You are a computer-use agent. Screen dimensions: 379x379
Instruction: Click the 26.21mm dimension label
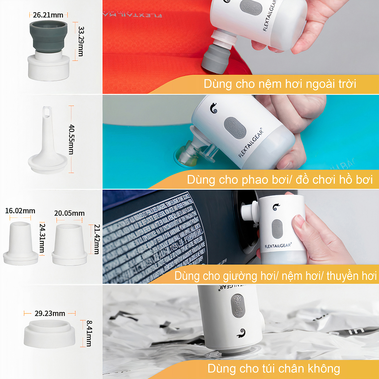pyautogui.click(x=48, y=15)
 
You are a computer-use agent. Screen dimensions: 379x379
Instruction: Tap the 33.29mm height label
pyautogui.click(x=81, y=41)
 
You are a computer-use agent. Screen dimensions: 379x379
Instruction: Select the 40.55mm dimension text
pyautogui.click(x=72, y=139)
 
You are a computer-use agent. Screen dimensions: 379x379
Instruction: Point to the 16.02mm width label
pyautogui.click(x=20, y=211)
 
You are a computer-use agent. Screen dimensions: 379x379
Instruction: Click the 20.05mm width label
pyautogui.click(x=69, y=213)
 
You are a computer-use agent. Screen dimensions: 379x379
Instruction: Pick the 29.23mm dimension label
pyautogui.click(x=50, y=313)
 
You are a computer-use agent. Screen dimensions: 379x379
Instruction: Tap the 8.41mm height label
pyautogui.click(x=89, y=333)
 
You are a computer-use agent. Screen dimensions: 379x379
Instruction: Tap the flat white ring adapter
pyautogui.click(x=49, y=333)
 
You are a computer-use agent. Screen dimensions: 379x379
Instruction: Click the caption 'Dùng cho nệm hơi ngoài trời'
pyautogui.click(x=280, y=84)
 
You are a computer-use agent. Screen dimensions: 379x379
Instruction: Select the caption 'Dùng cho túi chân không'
pyautogui.click(x=274, y=369)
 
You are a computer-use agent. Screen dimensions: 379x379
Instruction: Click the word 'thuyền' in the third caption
pyautogui.click(x=343, y=276)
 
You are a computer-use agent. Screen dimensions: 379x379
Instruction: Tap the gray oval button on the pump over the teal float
pyautogui.click(x=235, y=128)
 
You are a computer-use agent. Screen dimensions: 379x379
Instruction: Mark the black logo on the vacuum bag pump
pyautogui.click(x=241, y=333)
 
